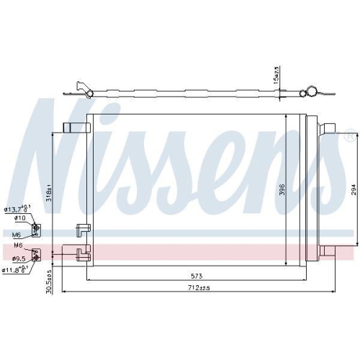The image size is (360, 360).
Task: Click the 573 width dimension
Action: click(x=196, y=275)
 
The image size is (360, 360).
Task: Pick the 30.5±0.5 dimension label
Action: click(x=50, y=282)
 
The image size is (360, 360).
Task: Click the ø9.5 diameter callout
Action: click(x=19, y=257)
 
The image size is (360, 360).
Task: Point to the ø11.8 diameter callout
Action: click(x=14, y=270)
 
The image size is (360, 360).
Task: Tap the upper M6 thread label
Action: click(x=17, y=234)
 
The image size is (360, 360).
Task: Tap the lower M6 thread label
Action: click(x=17, y=246)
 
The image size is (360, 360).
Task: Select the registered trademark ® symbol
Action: click(x=349, y=135)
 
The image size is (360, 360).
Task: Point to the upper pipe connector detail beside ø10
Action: click(x=38, y=229)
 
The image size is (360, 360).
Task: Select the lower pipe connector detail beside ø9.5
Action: click(x=38, y=253)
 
